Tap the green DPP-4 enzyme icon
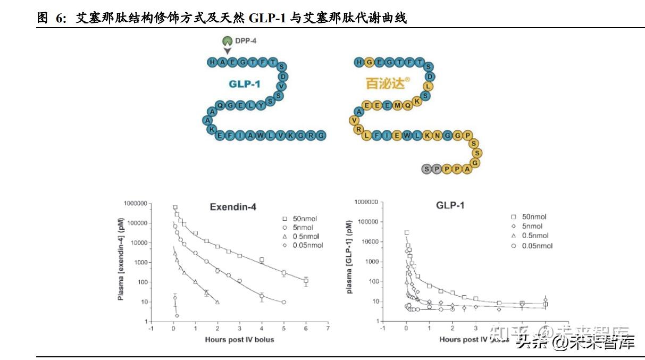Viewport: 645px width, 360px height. [227, 40]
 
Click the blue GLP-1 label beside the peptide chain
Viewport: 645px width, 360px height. [245, 83]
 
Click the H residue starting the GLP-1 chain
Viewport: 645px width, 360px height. [212, 63]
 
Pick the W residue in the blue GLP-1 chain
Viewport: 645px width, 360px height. [260, 136]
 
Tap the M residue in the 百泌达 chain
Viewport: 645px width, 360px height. [397, 105]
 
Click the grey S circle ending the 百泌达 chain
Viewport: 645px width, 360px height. [425, 169]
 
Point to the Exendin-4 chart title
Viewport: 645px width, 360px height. [233, 207]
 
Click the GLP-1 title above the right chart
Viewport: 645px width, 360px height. [450, 205]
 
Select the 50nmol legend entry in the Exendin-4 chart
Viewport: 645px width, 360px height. [301, 219]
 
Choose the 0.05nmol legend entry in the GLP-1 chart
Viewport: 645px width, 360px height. [531, 246]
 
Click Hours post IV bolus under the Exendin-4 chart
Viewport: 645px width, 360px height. [239, 339]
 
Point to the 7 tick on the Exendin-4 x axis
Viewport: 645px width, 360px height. [328, 329]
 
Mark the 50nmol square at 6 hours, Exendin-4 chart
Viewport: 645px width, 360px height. [306, 281]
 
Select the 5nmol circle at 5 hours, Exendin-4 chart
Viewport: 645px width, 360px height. [283, 302]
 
